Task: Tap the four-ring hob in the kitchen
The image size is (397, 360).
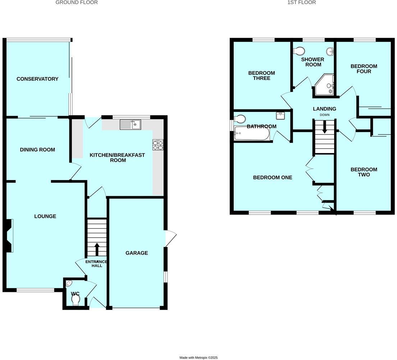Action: pos(158,145)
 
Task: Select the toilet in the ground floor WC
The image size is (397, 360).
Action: pos(76,301)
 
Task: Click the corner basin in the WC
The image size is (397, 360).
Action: pos(69,283)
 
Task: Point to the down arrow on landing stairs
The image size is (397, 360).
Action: pos(324,127)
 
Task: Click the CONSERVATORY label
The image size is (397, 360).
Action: pos(37,79)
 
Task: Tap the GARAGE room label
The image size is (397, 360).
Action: pos(137,253)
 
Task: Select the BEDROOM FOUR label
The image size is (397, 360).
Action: pos(364,69)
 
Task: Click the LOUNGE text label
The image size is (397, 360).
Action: pos(45,216)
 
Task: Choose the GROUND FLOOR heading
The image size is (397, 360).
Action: pos(77,3)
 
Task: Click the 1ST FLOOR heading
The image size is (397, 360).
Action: pos(301,3)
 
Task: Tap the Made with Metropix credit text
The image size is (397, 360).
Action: pos(198,357)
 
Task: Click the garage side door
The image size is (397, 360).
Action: pos(170,238)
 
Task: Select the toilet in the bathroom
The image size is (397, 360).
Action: pos(240,118)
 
